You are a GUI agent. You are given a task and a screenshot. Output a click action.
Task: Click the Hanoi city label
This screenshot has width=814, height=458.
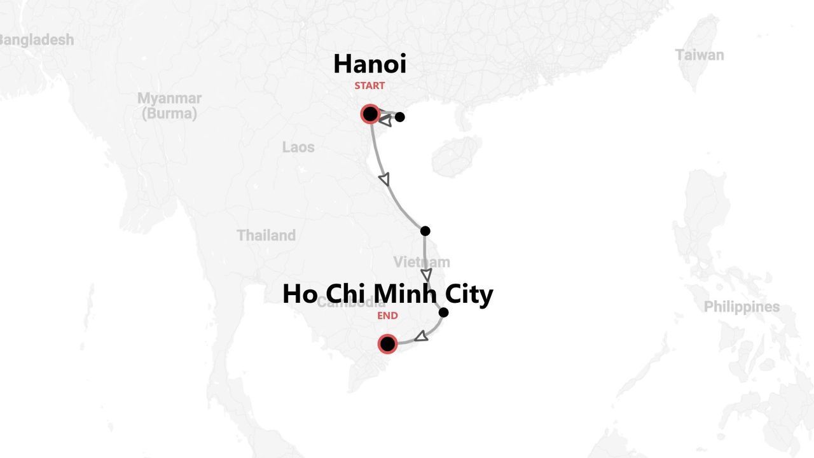point(369,64)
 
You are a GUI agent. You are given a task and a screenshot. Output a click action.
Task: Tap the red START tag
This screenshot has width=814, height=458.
point(369,86)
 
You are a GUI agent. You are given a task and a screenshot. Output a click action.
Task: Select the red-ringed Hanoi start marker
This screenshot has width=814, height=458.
point(370,114)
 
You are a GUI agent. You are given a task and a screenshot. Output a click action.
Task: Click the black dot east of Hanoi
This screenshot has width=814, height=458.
point(400,117)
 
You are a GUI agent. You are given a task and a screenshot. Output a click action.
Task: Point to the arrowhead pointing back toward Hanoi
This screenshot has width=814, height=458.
point(385,120)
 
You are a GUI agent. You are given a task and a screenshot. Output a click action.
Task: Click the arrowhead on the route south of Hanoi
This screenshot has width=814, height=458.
point(384,179)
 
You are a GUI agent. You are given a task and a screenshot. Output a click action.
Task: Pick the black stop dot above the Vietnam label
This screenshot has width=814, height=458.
point(425,231)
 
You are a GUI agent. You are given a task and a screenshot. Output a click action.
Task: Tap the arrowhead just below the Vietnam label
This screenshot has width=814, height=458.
point(426,275)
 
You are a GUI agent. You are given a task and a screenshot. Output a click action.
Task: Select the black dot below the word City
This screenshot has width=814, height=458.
point(443,312)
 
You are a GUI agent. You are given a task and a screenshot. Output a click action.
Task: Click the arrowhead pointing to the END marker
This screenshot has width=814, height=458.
point(421,336)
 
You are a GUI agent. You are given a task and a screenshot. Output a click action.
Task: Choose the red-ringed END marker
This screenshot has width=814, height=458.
point(387,344)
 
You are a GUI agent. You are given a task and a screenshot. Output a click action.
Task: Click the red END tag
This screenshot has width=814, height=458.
point(387,316)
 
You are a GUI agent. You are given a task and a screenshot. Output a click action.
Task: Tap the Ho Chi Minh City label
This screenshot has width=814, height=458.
point(387,294)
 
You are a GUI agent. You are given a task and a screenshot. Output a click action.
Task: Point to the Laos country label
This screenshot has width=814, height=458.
point(298,148)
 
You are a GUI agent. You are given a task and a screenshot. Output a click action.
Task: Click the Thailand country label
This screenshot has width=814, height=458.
point(266,235)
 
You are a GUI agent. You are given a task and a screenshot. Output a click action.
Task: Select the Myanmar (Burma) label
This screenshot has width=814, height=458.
point(169,106)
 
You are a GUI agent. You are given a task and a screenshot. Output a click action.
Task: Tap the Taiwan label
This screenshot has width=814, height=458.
point(700,55)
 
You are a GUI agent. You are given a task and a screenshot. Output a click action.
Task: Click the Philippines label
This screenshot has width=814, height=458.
point(742,307)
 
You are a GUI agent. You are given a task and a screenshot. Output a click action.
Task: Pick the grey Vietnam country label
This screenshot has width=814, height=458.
point(421,262)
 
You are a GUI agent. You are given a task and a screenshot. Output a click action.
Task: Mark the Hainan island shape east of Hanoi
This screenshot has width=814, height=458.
point(456,156)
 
